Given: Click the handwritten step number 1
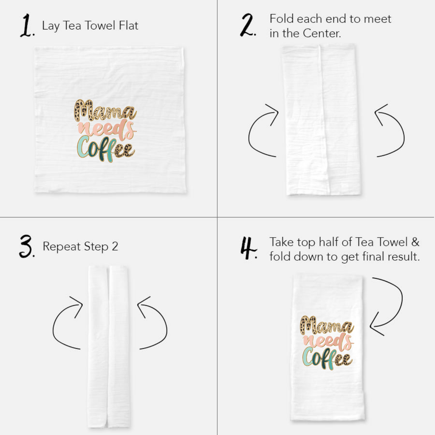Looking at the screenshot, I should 26,27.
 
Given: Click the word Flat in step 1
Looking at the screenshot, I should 128,25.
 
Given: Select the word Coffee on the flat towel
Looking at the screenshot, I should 105,149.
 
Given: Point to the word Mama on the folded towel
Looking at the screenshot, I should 326,325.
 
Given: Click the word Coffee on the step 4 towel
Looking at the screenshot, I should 327,358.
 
